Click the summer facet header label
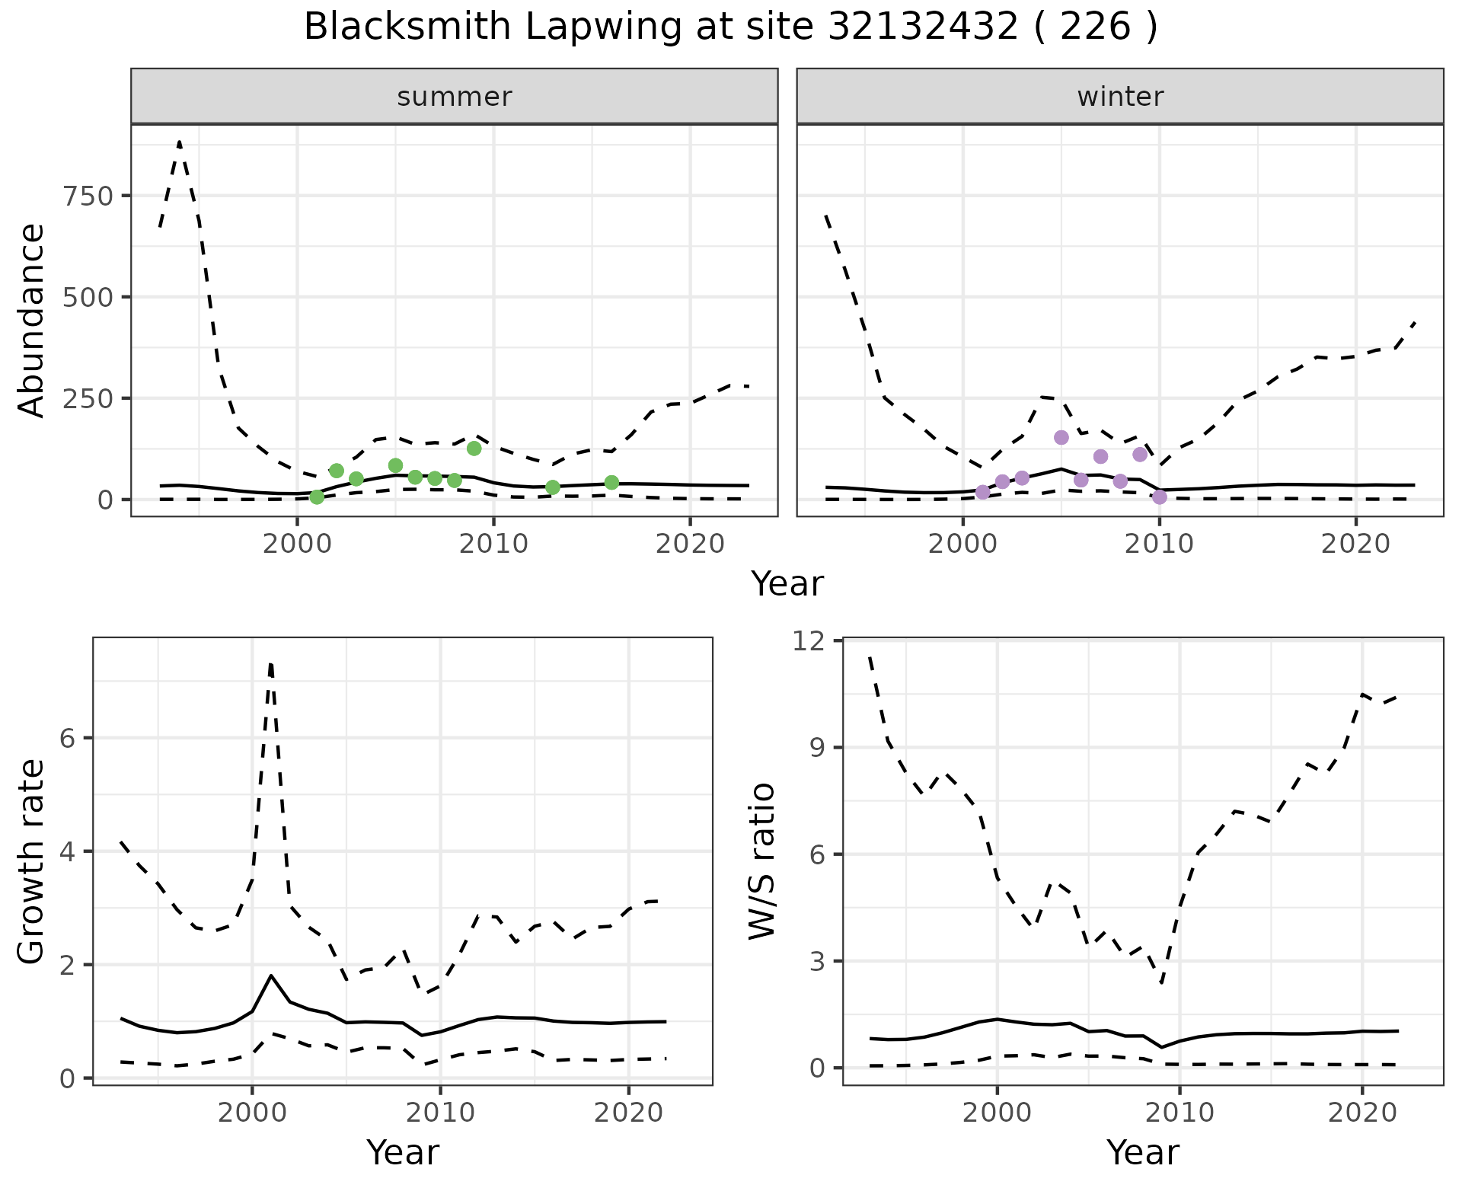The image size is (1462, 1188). [455, 97]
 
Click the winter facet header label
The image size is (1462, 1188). [1120, 97]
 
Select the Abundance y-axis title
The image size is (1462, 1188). [32, 321]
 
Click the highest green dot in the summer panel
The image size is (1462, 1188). [474, 449]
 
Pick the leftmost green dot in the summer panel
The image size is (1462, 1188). [317, 497]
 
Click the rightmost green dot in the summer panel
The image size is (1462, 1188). [611, 483]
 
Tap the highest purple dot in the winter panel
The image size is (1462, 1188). [1061, 437]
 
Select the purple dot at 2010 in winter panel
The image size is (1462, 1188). [1160, 497]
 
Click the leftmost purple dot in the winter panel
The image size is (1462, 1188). [983, 492]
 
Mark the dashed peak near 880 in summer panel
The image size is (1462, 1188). [179, 142]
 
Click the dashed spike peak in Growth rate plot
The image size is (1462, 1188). [270, 665]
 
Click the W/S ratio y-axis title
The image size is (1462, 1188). [762, 861]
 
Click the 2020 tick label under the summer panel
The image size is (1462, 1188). [690, 544]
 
